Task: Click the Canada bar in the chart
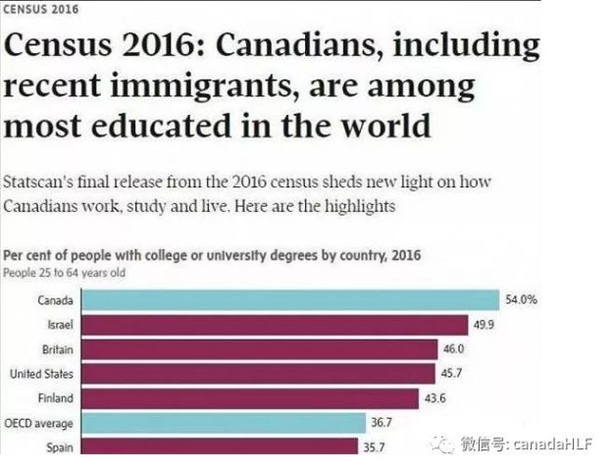point(290,300)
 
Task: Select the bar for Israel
point(276,325)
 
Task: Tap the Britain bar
point(260,349)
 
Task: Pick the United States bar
point(259,374)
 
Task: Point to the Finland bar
point(250,398)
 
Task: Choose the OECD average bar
point(224,423)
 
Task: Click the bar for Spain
point(220,446)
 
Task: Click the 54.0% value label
point(522,299)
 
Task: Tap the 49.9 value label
point(484,325)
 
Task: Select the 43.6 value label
point(434,398)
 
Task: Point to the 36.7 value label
point(382,422)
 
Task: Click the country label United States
point(41,374)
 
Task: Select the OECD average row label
point(38,424)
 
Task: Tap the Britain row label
point(58,349)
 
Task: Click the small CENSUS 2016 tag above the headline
point(41,9)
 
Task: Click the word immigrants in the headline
point(201,86)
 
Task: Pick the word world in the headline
point(385,126)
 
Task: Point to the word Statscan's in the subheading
point(38,183)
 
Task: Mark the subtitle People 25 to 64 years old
point(65,273)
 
